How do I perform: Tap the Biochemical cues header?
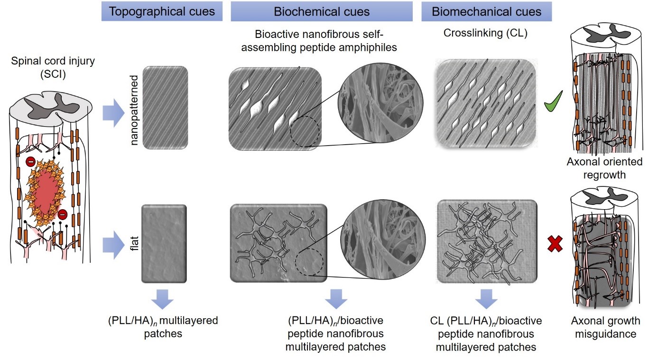[x=321, y=12]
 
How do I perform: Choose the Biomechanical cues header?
[x=486, y=12]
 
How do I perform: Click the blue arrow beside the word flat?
[x=114, y=245]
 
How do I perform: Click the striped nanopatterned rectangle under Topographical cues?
[x=166, y=108]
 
